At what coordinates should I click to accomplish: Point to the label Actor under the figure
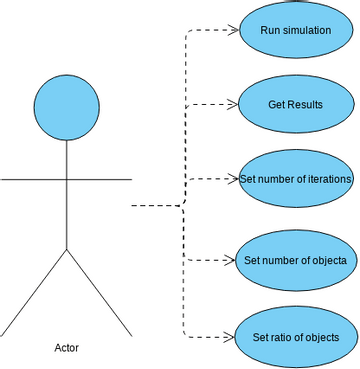coord(66,348)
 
